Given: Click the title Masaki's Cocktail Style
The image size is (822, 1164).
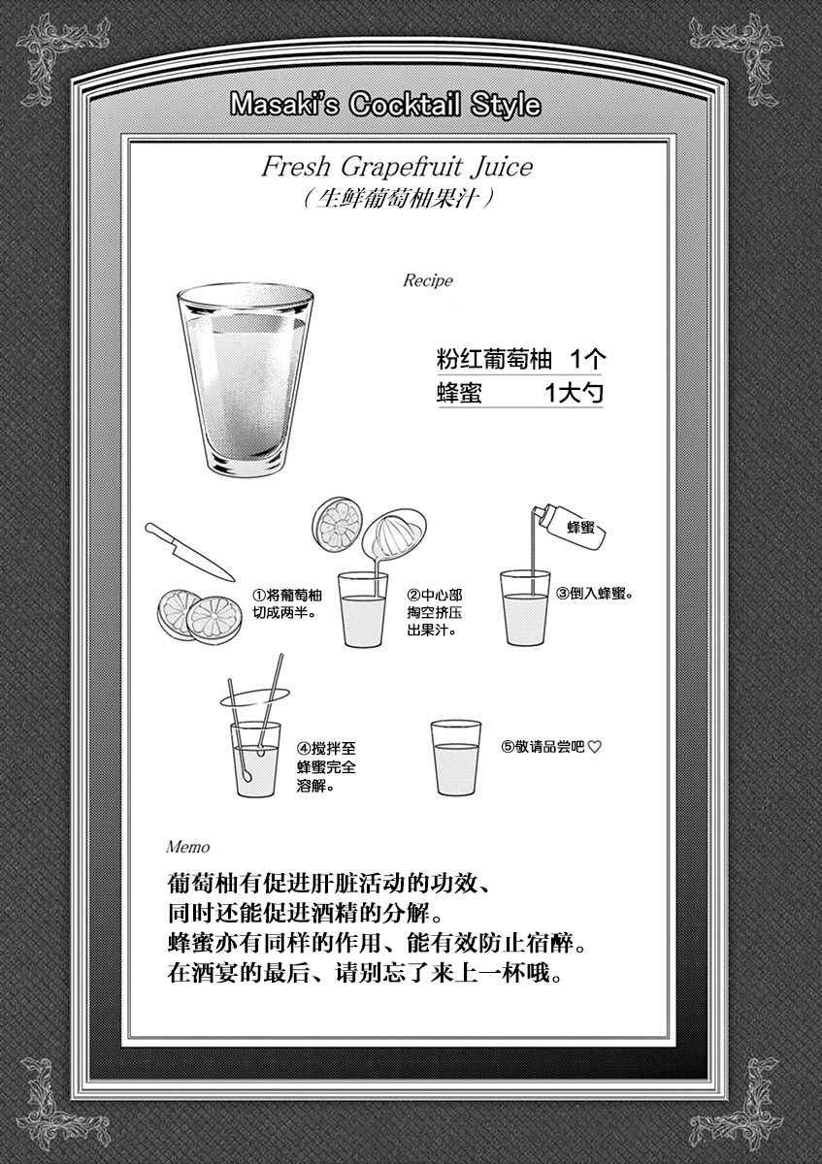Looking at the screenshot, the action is pyautogui.click(x=385, y=106).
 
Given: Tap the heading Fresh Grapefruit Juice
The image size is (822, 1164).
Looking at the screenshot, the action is pyautogui.click(x=397, y=167).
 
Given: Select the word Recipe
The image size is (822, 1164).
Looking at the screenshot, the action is pyautogui.click(x=428, y=280).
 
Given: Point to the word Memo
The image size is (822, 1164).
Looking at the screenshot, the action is pyautogui.click(x=188, y=848).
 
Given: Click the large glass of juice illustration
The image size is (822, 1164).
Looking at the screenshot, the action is pyautogui.click(x=245, y=379).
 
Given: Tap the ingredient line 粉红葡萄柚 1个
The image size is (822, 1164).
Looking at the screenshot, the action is pyautogui.click(x=520, y=359).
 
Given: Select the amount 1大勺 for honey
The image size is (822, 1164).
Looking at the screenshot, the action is pyautogui.click(x=574, y=393).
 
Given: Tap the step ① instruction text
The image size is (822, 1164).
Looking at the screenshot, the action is pyautogui.click(x=287, y=603).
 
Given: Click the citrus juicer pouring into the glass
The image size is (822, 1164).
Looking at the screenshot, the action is pyautogui.click(x=394, y=536).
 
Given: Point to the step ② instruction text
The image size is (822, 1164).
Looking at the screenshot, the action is pyautogui.click(x=435, y=612).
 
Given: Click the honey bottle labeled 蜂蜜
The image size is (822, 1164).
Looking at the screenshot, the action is pyautogui.click(x=572, y=525).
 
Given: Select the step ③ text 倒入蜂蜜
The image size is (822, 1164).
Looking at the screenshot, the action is pyautogui.click(x=595, y=594).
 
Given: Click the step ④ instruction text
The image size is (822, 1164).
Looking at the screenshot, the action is pyautogui.click(x=326, y=767).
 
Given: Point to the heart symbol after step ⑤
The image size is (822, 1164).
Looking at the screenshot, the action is pyautogui.click(x=594, y=747).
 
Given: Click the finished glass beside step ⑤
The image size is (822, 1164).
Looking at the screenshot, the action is pyautogui.click(x=456, y=758).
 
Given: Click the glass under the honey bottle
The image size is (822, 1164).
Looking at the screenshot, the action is pyautogui.click(x=525, y=608).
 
